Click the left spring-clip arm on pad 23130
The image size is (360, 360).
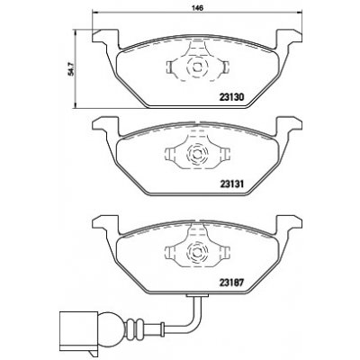coord(174,67)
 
